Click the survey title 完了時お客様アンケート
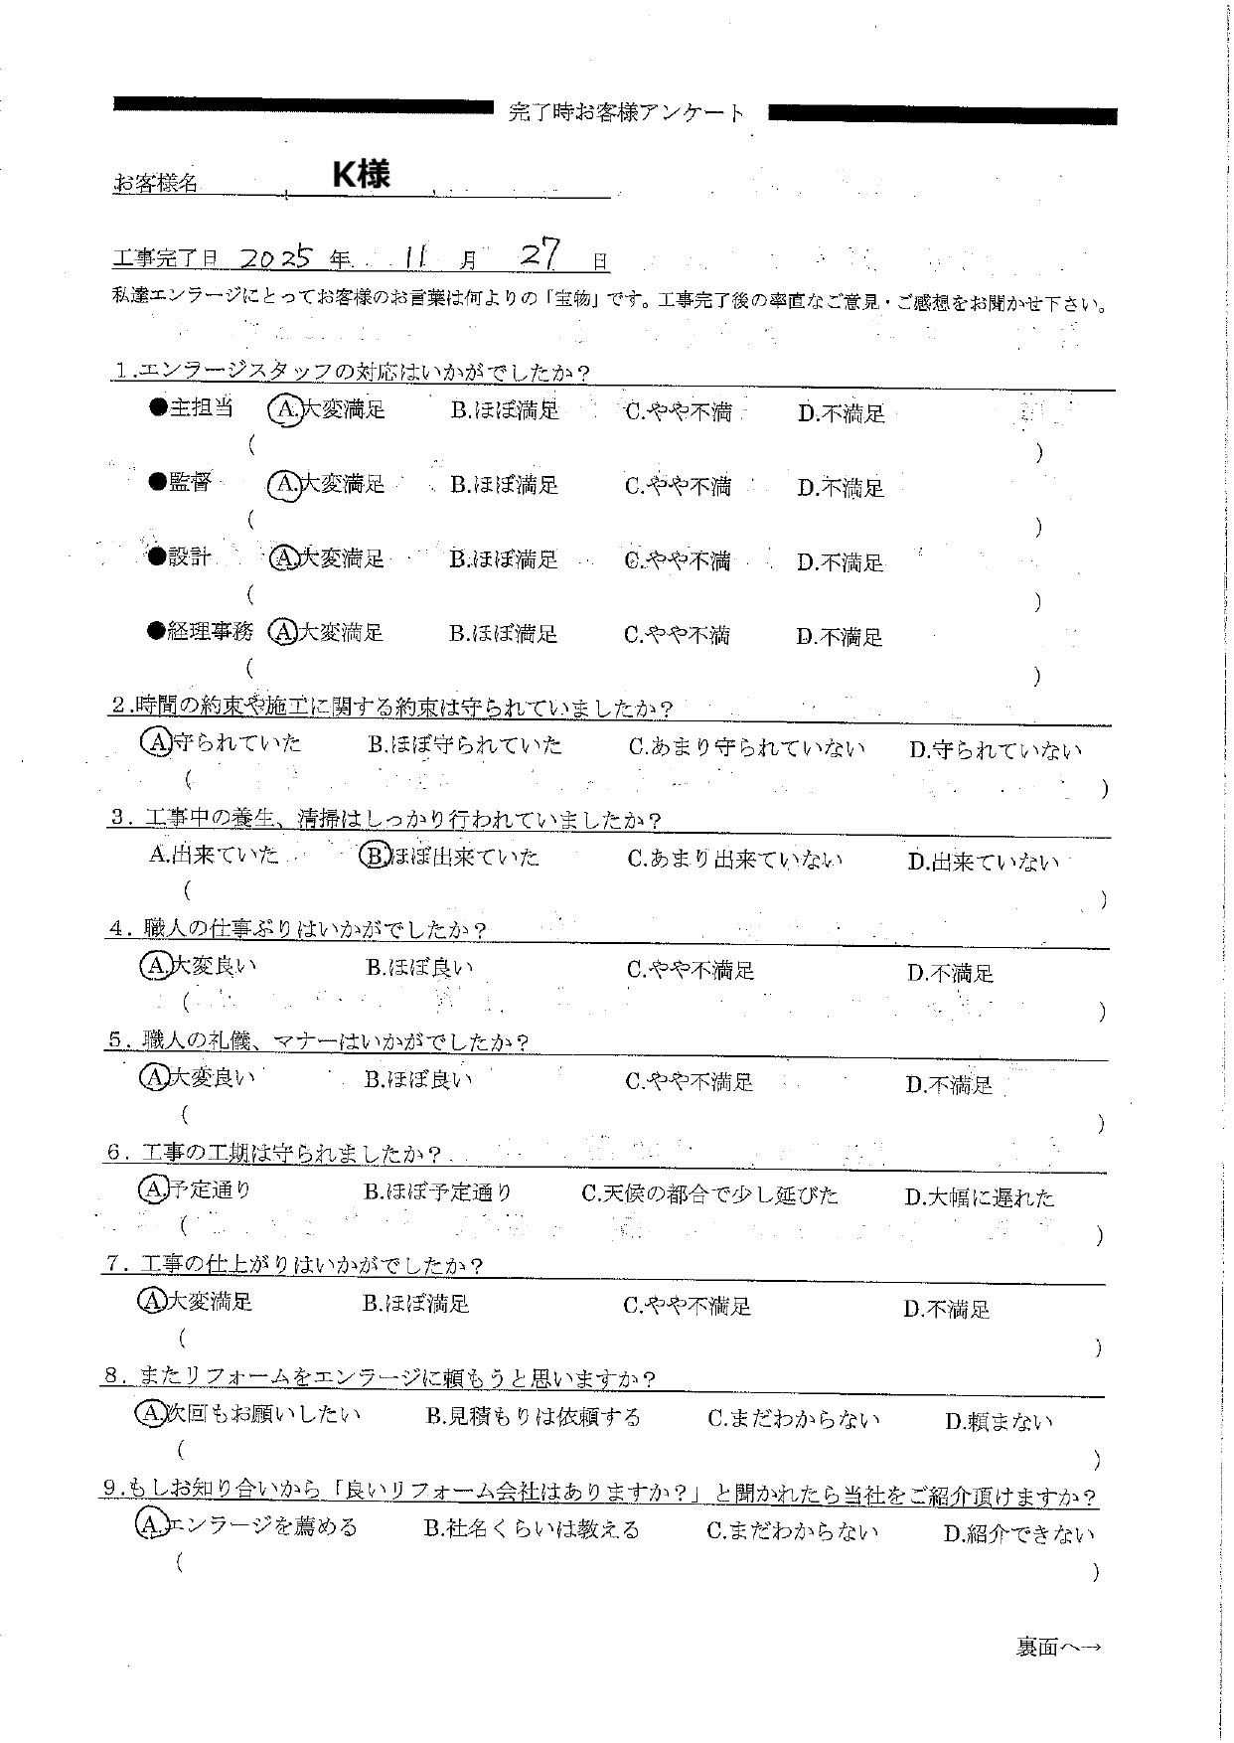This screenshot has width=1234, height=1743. tap(626, 113)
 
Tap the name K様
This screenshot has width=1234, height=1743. tap(361, 175)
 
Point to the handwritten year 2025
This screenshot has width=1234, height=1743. tap(277, 258)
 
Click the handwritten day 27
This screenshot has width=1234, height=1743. tap(541, 255)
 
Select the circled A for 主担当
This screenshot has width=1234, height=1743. tap(286, 409)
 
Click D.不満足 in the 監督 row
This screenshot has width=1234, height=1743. tap(841, 488)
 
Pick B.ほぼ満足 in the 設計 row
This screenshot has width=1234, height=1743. tap(504, 560)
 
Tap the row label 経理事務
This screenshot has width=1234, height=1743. tap(210, 631)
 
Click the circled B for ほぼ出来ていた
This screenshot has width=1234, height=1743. tap(373, 857)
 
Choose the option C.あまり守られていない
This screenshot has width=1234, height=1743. tap(746, 748)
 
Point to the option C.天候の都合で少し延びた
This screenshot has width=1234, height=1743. tap(709, 1194)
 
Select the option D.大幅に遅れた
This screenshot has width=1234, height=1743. tap(980, 1197)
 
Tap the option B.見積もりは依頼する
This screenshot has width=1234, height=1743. tap(534, 1418)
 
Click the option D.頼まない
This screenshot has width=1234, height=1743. tap(999, 1422)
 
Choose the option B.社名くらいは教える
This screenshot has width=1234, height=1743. tap(532, 1530)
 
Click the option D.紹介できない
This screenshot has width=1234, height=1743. tap(1019, 1534)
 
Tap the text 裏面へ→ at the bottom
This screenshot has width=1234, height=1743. tap(1058, 1648)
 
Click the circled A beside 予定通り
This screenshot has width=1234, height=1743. tap(153, 1188)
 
